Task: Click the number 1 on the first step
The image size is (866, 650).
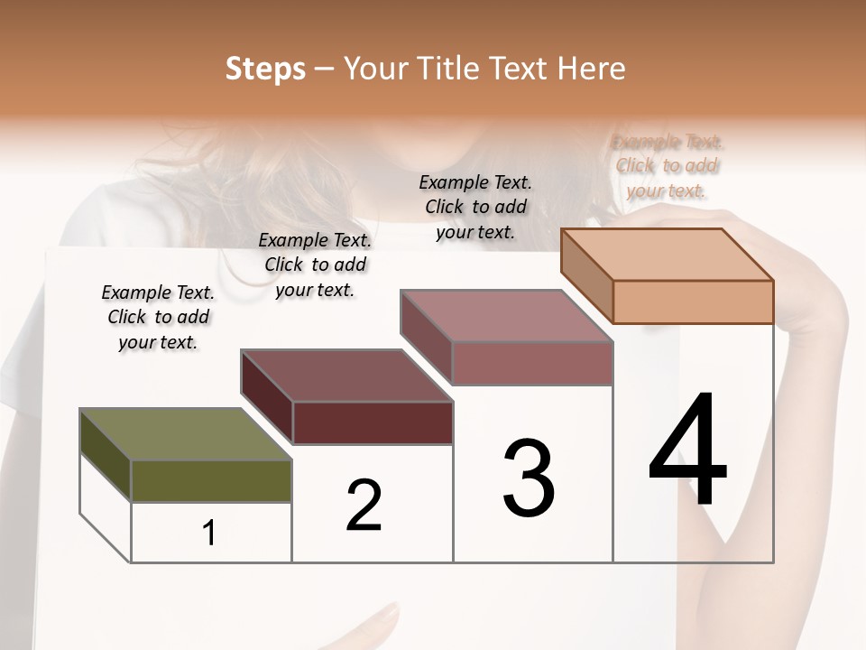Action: coord(209,534)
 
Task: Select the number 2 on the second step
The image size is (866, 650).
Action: coord(364,505)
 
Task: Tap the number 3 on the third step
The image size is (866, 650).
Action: coord(529,478)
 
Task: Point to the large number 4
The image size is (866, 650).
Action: coord(688,450)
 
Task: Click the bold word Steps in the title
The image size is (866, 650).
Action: coord(265,69)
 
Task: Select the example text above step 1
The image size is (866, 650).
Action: coord(158,317)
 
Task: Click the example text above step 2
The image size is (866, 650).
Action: coord(315,265)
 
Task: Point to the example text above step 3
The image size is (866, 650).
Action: coord(475,207)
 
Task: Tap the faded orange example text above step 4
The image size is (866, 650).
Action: coord(668,166)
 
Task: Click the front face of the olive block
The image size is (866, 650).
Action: coord(211,481)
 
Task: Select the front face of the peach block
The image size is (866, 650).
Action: coord(693,302)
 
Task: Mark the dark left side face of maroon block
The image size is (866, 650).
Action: coord(266,397)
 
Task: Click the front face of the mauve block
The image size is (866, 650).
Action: coord(532,364)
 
